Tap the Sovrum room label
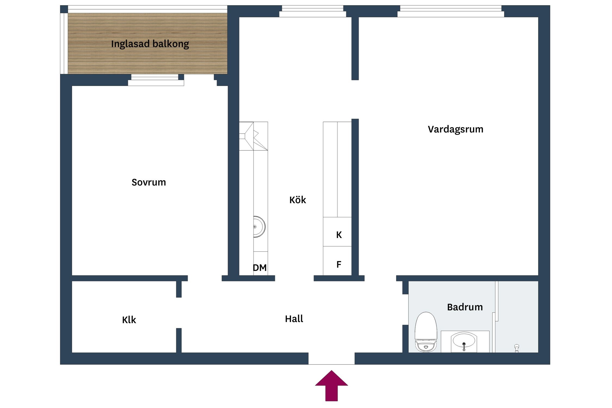[149, 182]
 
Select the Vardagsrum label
[455, 129]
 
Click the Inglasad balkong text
[150, 44]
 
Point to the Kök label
[297, 200]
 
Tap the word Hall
[294, 319]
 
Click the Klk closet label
[129, 320]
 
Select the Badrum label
[465, 307]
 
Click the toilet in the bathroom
[426, 332]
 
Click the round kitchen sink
[259, 227]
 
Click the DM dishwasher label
[259, 268]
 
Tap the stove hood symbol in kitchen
[253, 136]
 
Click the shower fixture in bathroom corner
[517, 348]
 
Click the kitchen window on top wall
[313, 11]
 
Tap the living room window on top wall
[450, 11]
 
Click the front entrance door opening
[331, 358]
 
